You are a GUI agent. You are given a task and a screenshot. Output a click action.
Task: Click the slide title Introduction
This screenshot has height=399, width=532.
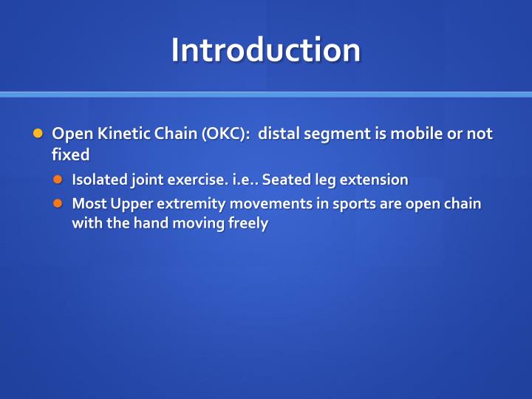click(266, 50)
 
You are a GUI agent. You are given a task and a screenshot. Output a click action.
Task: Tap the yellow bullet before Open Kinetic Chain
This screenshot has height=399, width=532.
click(38, 134)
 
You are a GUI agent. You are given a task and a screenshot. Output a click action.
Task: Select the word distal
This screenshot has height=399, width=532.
click(279, 134)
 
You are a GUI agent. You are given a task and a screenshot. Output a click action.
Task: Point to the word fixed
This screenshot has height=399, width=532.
click(70, 155)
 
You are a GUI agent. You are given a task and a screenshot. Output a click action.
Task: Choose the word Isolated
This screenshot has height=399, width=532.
click(100, 180)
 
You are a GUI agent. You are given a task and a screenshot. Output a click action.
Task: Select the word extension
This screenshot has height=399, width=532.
click(374, 180)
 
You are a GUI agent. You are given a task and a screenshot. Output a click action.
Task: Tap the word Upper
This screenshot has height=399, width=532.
click(129, 204)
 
